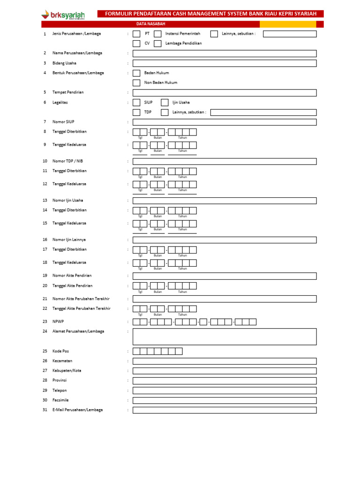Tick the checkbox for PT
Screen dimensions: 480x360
(x=136, y=34)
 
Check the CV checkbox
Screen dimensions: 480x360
(x=136, y=44)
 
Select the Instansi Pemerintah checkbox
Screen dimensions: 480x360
(x=157, y=34)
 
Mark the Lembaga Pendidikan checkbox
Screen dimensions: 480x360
(x=157, y=44)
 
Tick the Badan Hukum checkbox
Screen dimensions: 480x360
(x=136, y=73)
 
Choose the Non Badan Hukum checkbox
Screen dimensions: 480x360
(x=136, y=83)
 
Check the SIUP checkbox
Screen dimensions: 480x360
(x=136, y=103)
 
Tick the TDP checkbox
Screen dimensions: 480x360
(x=136, y=112)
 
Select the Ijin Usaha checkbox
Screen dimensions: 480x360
(x=165, y=103)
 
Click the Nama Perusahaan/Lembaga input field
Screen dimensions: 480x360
(x=225, y=53)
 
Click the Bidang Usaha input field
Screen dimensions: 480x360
(x=225, y=63)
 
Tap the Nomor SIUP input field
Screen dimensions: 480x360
(x=225, y=122)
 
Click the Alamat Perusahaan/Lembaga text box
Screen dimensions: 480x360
(x=225, y=337)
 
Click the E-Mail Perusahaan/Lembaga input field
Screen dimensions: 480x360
(x=225, y=410)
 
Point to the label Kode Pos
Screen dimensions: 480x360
(x=60, y=351)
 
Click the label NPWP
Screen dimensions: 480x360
(x=57, y=322)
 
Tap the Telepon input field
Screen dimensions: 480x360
(x=225, y=390)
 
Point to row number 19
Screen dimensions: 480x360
(x=45, y=276)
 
